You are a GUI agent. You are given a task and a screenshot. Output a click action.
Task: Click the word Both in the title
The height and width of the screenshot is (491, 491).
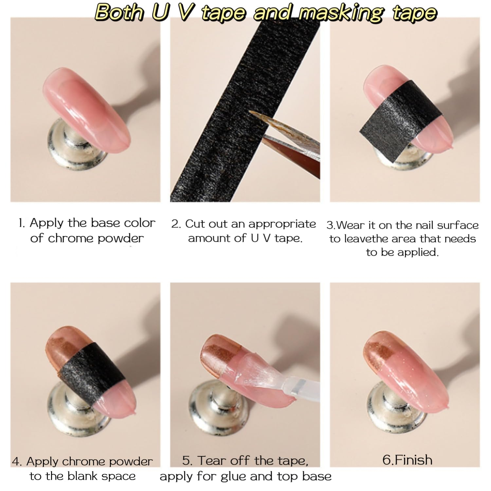(119, 13)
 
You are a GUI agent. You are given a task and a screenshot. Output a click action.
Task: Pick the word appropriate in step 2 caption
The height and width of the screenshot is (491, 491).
(282, 225)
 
